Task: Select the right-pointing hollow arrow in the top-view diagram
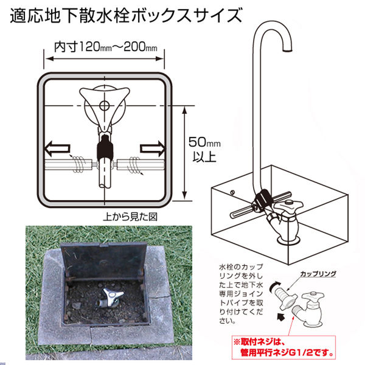pyautogui.click(x=151, y=148)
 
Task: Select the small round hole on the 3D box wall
pyautogui.click(x=233, y=193)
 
